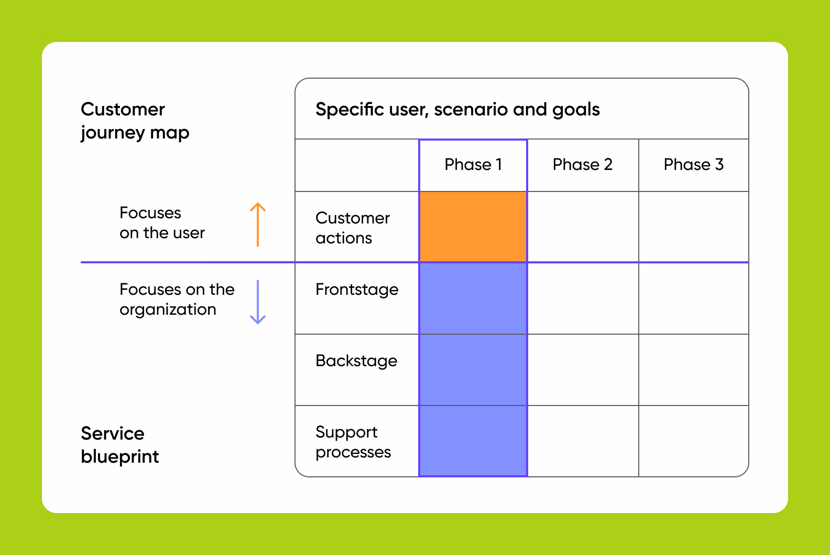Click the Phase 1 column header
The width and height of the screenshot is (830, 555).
click(473, 165)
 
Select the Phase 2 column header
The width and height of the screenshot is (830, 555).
click(582, 165)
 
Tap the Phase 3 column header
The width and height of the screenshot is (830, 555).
click(693, 165)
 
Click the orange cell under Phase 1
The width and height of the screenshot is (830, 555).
click(473, 227)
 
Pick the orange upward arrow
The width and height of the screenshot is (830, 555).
click(258, 224)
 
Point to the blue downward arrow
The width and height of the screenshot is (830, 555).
click(258, 302)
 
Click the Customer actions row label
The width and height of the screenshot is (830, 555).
click(352, 228)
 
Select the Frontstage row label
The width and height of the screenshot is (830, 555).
click(357, 290)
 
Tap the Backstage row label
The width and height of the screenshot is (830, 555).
click(356, 361)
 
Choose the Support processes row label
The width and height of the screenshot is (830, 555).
click(353, 442)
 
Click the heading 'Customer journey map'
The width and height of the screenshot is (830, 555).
click(135, 121)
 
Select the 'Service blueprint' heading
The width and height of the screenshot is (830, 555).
click(119, 445)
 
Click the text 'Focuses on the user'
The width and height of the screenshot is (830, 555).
click(162, 223)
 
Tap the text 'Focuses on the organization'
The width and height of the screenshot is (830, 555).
click(177, 300)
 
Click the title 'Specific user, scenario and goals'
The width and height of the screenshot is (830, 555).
click(457, 110)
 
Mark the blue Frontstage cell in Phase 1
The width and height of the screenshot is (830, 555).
click(473, 298)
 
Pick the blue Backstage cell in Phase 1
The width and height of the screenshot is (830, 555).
click(473, 370)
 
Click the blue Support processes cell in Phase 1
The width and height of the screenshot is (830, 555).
click(473, 441)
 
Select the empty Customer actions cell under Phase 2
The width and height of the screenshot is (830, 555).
click(583, 227)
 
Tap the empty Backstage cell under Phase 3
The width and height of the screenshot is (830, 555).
click(693, 370)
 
